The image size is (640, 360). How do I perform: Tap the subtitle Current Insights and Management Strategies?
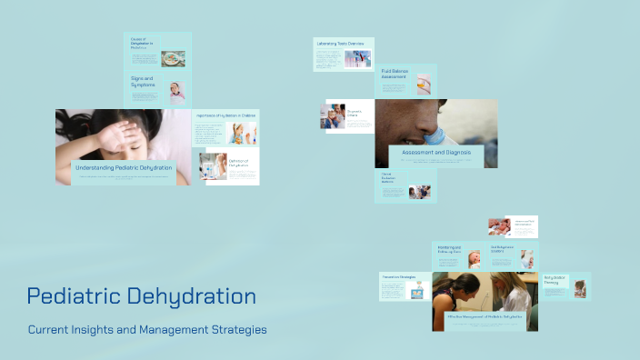(147, 329)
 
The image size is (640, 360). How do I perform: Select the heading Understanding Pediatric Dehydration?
(124, 168)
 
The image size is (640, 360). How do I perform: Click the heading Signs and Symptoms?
(143, 83)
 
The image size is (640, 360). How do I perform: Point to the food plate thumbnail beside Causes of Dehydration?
(173, 58)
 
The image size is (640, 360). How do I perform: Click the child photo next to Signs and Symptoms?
(176, 91)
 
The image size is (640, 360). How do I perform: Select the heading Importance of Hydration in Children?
(225, 115)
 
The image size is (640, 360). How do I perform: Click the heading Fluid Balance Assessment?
(394, 74)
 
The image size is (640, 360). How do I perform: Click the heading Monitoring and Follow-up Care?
(449, 250)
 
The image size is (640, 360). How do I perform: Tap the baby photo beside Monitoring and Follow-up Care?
(474, 258)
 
